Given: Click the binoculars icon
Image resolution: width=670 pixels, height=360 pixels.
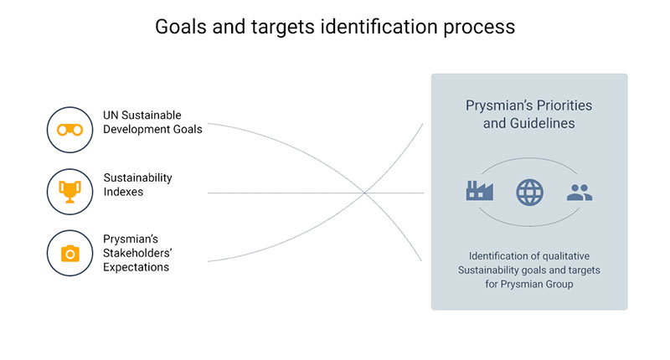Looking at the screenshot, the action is [x=70, y=130].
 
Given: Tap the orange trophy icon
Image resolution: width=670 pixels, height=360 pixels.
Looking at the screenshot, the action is [x=70, y=192].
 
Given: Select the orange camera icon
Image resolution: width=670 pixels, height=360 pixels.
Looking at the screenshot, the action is [x=70, y=253].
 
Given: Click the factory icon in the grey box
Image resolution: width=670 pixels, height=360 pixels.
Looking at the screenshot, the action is [x=479, y=190].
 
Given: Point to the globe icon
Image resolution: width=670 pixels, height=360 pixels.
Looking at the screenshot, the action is [x=529, y=193].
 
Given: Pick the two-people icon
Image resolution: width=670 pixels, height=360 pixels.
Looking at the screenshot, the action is [x=580, y=193].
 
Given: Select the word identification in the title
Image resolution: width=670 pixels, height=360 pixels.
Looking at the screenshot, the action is [x=379, y=27].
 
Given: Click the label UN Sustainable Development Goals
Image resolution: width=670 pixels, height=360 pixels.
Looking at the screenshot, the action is [x=152, y=122].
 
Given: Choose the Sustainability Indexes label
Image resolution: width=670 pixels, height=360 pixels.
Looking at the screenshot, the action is [x=137, y=184].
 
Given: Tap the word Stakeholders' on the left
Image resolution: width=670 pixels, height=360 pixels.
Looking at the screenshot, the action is [x=137, y=253].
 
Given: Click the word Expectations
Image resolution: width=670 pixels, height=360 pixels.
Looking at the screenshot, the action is [x=136, y=267].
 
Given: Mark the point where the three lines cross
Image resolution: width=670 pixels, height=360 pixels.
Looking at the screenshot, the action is [x=365, y=193].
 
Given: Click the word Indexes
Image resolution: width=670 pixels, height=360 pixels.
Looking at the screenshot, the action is [x=123, y=192].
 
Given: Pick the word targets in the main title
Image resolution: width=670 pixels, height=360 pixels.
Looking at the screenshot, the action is [x=282, y=28].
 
